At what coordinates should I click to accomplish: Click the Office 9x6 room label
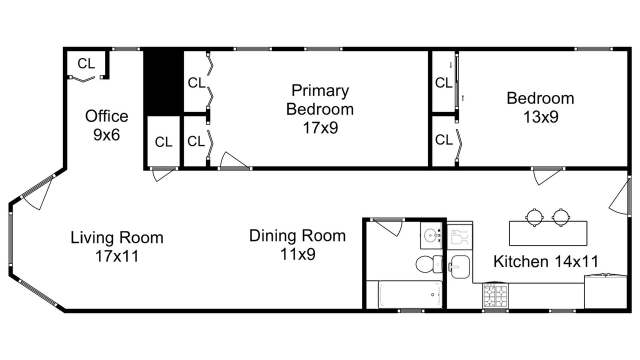106,125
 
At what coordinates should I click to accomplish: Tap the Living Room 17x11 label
117,247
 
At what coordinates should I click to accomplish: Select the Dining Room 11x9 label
297,244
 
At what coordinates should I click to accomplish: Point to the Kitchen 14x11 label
545,261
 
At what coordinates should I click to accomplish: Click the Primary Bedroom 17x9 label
320,109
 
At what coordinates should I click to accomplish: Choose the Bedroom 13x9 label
540,107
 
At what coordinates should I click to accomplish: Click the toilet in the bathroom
429,264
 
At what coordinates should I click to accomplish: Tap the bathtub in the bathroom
410,294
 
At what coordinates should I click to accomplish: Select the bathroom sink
431,235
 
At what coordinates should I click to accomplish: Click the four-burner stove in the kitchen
495,295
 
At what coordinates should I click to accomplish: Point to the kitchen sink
459,266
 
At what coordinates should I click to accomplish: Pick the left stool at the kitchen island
534,217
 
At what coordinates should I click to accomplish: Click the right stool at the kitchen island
561,217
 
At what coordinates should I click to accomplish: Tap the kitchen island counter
548,233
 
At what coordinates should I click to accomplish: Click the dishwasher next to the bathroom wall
459,236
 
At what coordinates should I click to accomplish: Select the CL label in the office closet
86,63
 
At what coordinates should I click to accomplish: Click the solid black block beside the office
163,83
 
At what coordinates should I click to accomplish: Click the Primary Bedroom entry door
234,161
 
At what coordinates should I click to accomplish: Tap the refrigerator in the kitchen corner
605,291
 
